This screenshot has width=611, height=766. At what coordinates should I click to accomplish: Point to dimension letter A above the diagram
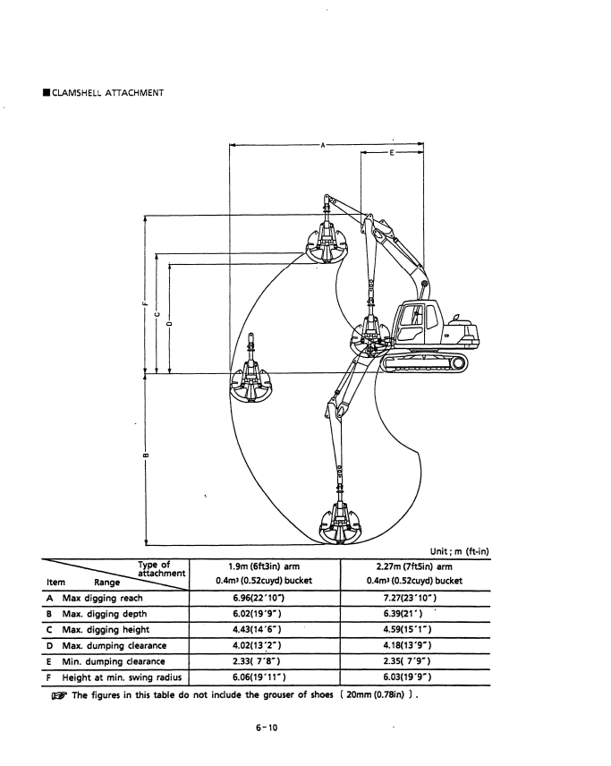322,143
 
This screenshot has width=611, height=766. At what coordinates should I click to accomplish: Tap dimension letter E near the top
392,153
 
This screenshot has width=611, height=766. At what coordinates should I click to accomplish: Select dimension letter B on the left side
144,458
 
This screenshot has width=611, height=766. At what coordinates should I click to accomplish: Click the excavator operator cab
416,319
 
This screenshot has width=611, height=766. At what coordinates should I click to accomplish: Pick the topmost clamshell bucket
327,241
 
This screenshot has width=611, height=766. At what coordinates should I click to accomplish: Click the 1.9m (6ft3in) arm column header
267,567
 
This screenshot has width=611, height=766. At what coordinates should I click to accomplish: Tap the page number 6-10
266,728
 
